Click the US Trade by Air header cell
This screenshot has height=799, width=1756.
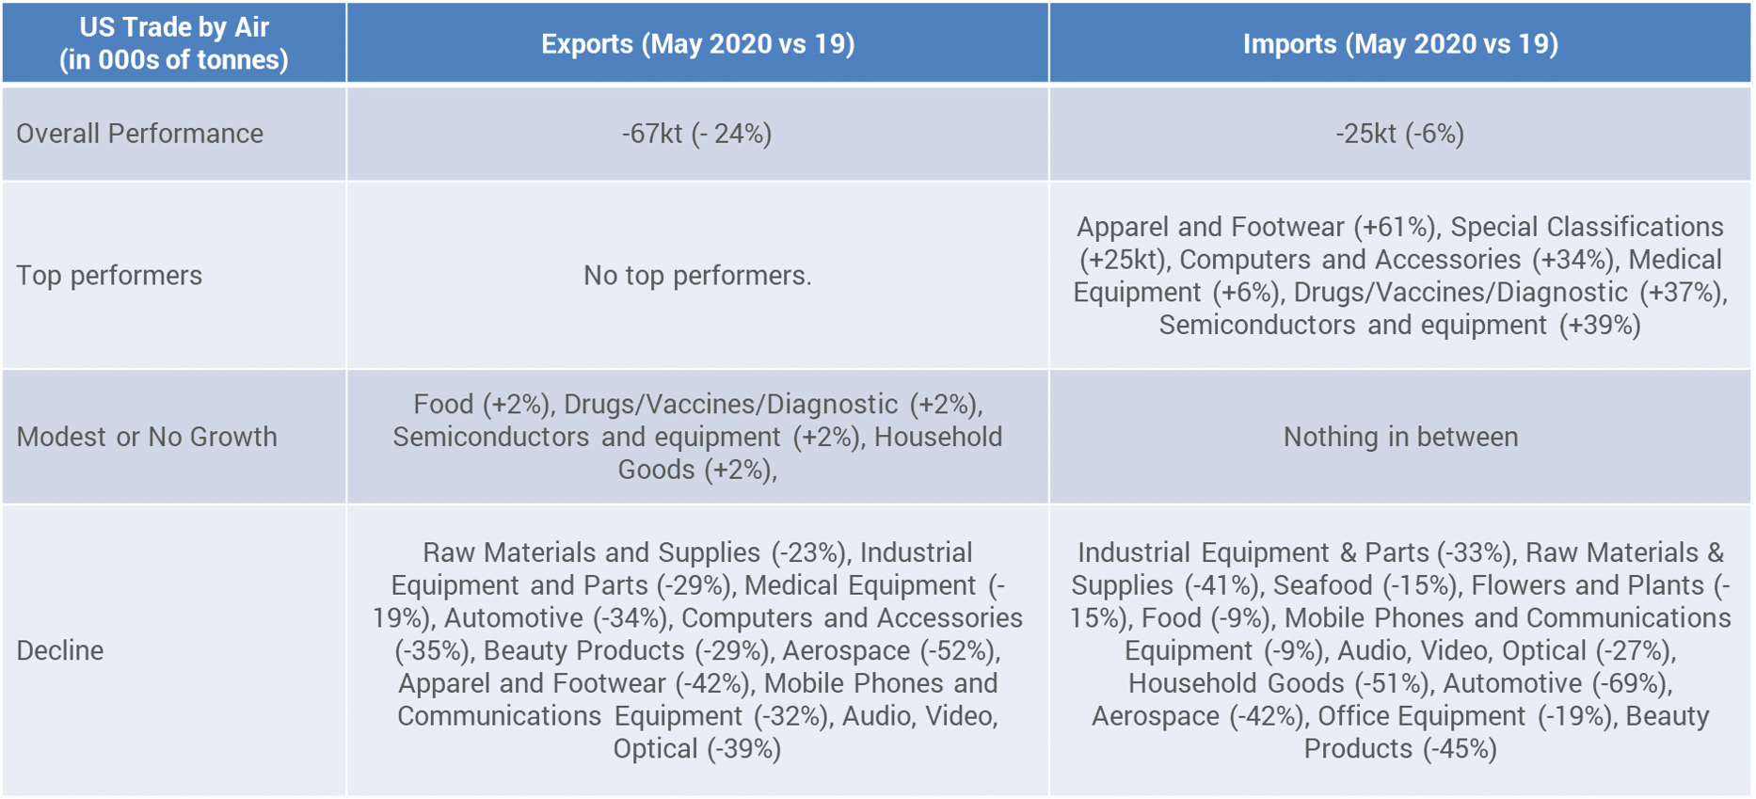174,43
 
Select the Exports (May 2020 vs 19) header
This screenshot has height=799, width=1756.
697,44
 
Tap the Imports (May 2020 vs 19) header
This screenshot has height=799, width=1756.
1400,44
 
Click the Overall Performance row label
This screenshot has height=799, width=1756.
139,134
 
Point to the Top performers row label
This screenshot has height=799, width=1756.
109,276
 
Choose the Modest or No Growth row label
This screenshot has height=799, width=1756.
147,437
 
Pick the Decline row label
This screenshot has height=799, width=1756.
60,650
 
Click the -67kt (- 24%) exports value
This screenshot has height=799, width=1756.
697,134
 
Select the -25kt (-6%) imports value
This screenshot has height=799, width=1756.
1400,134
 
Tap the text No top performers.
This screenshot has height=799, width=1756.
697,276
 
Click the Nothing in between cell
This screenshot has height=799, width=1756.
1400,437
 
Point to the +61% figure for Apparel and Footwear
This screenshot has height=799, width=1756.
1397,228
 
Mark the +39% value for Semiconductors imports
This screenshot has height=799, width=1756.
1600,326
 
